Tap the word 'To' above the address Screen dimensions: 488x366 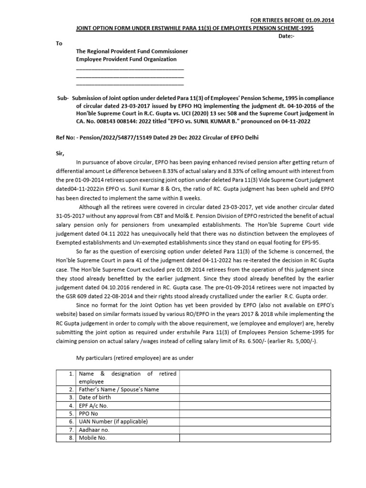click(x=59, y=43)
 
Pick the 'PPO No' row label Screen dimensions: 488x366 click(x=89, y=414)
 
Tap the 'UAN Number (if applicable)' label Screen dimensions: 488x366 click(x=113, y=422)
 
